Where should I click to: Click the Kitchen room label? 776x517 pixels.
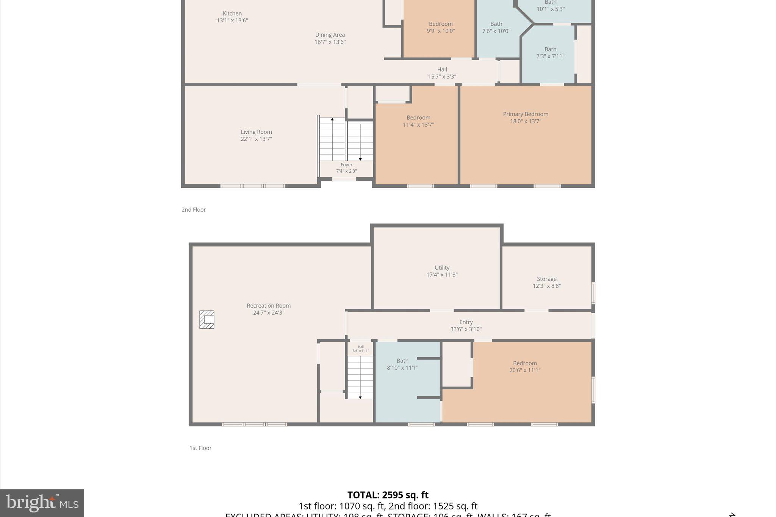point(232,14)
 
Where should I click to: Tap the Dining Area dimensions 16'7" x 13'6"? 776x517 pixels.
point(330,42)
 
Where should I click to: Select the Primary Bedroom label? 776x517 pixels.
point(525,114)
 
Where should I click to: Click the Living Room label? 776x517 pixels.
point(256,132)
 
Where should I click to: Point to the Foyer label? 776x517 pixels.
point(346,165)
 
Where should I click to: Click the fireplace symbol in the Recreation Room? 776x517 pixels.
point(207,319)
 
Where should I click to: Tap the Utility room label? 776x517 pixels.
point(442,267)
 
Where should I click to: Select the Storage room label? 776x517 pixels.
point(546,279)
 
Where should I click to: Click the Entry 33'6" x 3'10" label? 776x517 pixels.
point(466,325)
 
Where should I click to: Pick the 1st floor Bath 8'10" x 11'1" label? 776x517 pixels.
point(402,364)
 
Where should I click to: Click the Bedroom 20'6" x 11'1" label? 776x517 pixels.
point(525,367)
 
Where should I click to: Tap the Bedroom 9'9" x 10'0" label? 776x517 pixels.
point(441,27)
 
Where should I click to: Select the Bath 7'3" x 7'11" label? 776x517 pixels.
point(550,53)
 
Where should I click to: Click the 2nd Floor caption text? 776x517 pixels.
point(194,209)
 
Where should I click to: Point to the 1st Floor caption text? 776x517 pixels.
point(200,448)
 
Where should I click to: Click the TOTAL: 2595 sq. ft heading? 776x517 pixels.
point(388,495)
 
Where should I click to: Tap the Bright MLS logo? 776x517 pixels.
point(42,503)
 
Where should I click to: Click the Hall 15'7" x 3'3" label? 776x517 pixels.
point(442,73)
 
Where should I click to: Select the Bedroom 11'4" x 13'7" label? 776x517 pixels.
point(418,121)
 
